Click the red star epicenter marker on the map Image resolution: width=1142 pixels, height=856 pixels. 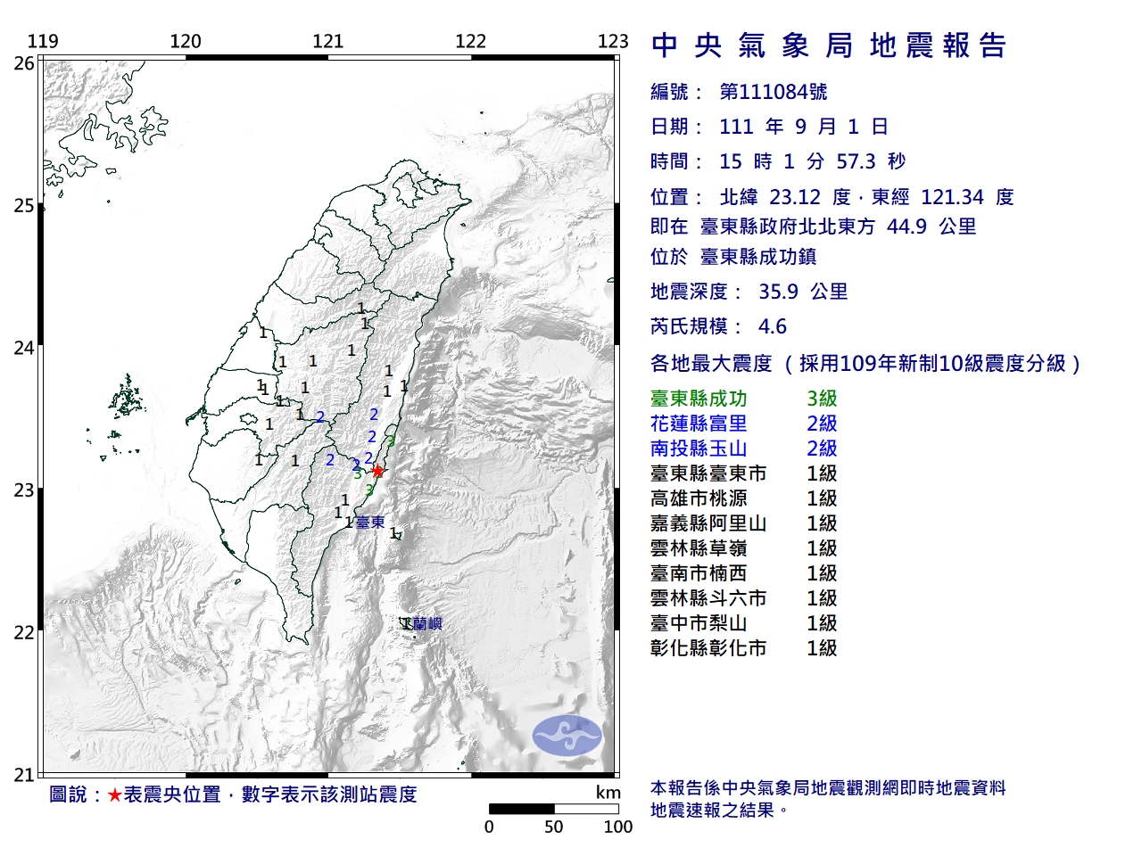pos(377,471)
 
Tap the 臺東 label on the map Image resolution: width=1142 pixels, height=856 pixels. pos(370,523)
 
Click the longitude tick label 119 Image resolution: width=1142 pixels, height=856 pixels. pos(43,41)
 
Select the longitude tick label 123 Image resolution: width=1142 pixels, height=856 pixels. pos(613,41)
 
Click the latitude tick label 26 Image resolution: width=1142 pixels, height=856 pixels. pos(24,63)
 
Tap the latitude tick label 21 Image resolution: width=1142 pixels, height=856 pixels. pos(24,775)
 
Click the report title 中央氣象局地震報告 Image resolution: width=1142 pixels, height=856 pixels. pos(829,45)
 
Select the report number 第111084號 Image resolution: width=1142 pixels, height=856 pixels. pos(774,92)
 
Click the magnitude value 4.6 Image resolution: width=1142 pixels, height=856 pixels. pos(773,326)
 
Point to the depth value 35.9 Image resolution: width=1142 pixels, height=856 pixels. pos(778,292)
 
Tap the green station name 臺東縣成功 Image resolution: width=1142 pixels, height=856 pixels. pos(699,399)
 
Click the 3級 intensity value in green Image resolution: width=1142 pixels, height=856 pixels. pos(822,399)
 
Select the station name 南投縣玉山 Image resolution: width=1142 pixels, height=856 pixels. pos(699,449)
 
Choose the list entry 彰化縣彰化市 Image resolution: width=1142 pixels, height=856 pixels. pos(708,649)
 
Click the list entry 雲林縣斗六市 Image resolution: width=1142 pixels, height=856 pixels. pos(708,599)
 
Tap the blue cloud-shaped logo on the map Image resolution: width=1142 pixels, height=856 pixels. pos(567,736)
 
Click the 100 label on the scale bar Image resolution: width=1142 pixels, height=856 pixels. pos(617,827)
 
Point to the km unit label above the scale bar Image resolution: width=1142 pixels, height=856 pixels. pos(608,793)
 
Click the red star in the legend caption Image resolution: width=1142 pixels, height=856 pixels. pos(114,794)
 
